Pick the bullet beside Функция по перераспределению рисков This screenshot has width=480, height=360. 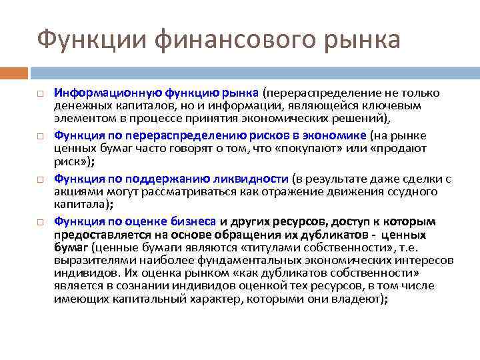click(41, 136)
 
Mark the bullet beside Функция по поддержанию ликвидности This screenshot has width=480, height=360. click(41, 179)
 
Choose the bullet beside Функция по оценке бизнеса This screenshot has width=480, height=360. click(41, 221)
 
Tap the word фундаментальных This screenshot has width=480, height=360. click(253, 260)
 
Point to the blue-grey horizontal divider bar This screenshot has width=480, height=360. click(254, 73)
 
